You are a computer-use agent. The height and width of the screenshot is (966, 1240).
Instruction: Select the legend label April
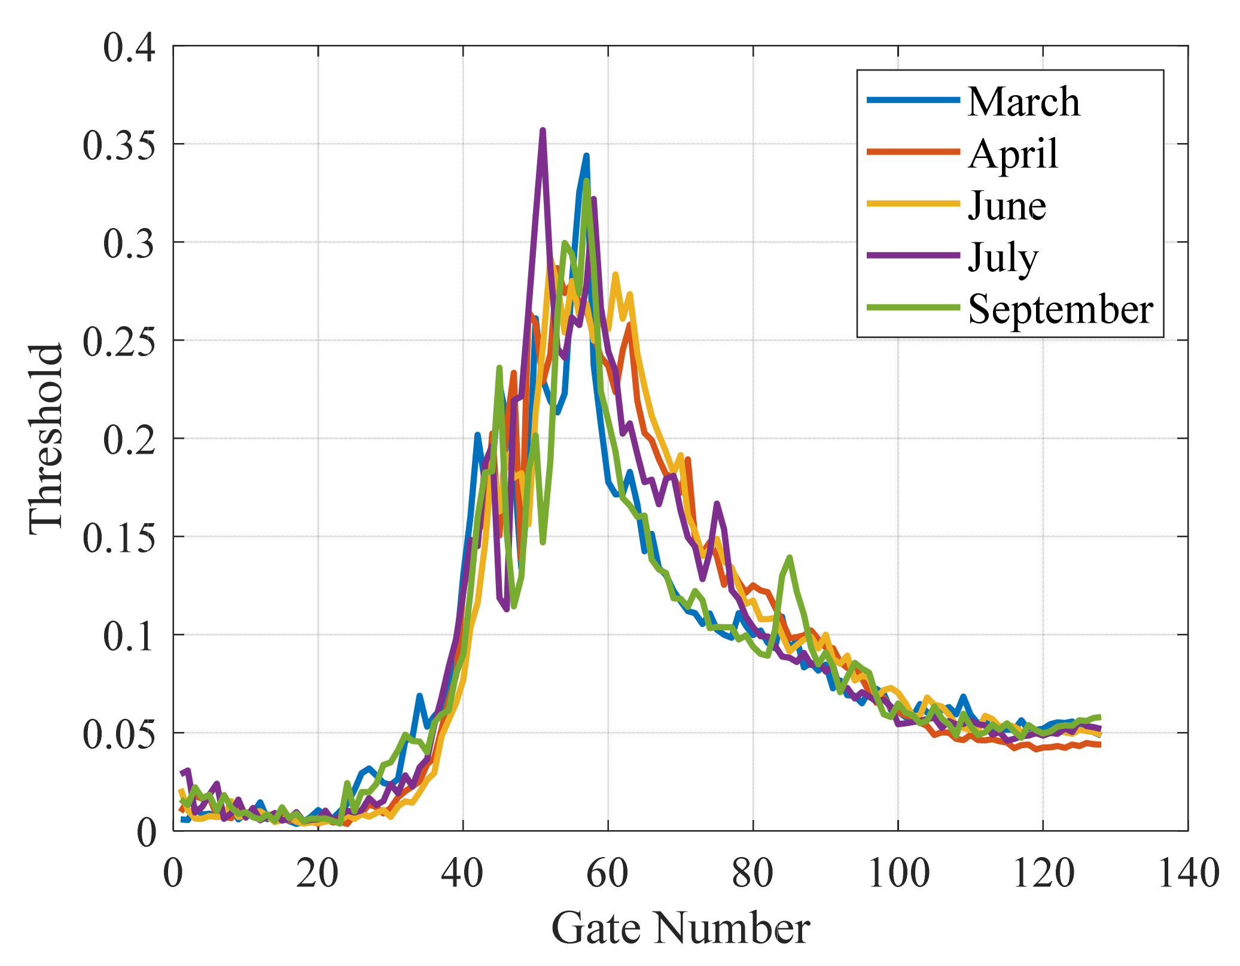(1013, 154)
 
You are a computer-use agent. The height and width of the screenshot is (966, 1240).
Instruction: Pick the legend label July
(1003, 258)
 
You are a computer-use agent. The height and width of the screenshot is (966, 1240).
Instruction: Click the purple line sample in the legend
(913, 256)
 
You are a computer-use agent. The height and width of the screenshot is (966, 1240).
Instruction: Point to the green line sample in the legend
(913, 308)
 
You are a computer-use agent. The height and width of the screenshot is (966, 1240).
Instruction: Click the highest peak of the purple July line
(543, 130)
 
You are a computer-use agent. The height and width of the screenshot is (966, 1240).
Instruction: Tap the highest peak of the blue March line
(586, 156)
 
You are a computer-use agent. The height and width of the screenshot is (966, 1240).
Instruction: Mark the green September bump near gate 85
(790, 558)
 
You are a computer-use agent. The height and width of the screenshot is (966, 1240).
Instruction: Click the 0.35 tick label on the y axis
(118, 145)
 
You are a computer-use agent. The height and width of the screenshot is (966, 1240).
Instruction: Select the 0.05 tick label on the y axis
(118, 734)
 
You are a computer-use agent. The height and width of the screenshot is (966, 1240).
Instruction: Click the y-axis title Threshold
(45, 438)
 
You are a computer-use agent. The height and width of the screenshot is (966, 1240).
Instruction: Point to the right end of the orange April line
(1099, 745)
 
